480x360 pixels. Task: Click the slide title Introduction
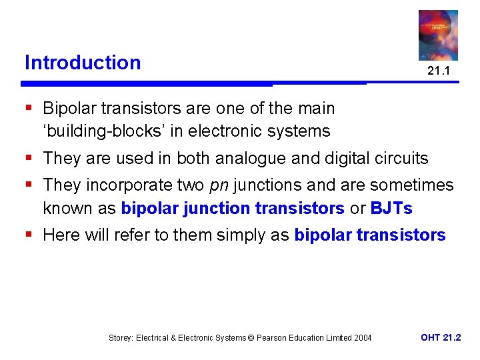[x=83, y=63]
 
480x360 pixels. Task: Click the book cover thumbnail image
[x=438, y=35]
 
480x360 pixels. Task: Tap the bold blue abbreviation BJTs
[x=392, y=209]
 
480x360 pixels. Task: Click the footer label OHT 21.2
[x=441, y=337]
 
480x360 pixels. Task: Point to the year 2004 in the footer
[x=362, y=338]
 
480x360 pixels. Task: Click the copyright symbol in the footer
[x=251, y=338]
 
